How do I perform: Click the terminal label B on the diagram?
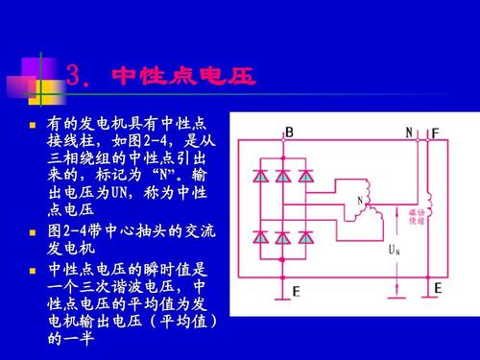[x=289, y=132]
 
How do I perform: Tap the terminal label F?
[x=435, y=132]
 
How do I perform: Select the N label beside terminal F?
[x=409, y=132]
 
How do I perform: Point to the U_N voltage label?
[x=394, y=249]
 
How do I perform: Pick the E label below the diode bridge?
[x=296, y=292]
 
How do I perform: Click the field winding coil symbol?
[x=430, y=205]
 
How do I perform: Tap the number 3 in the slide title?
[x=77, y=76]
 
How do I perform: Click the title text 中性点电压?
[x=183, y=76]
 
